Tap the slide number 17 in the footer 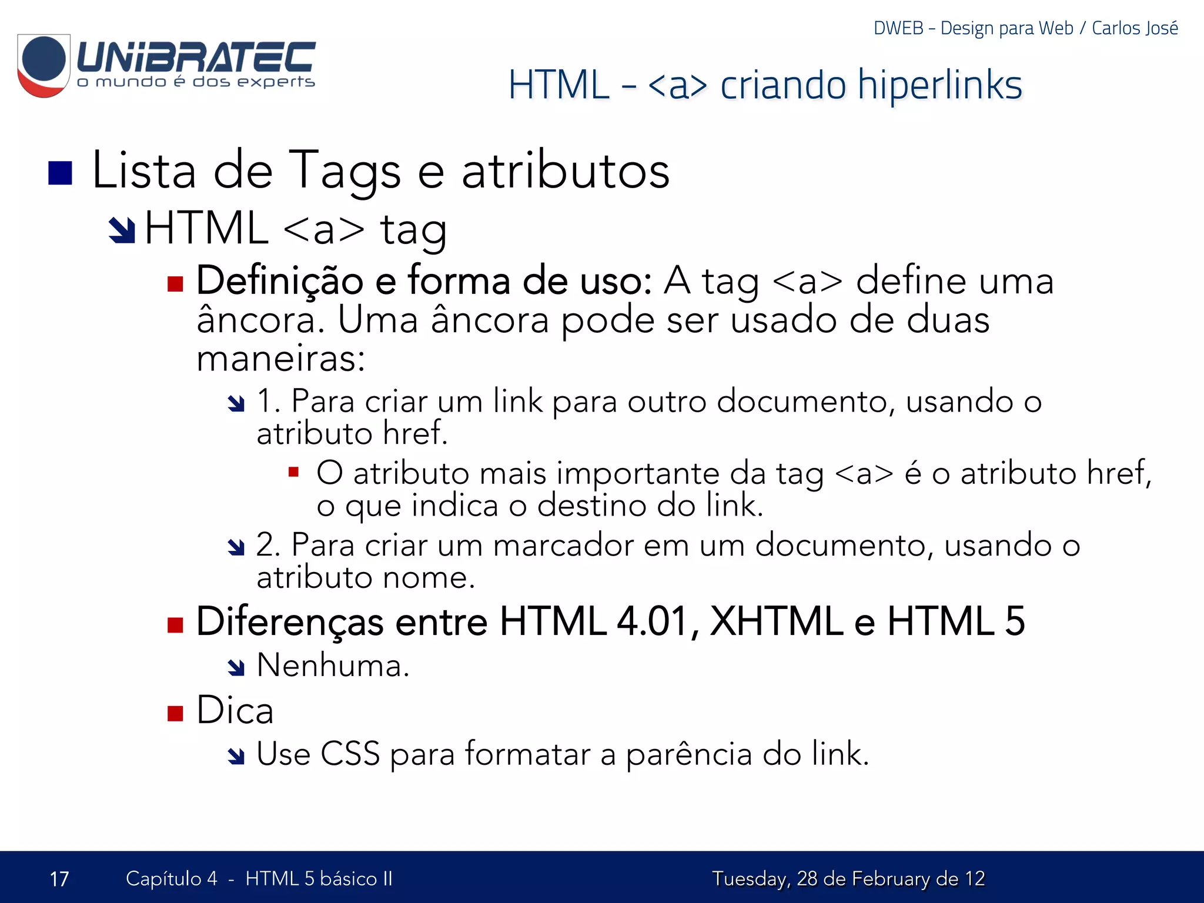tap(59, 879)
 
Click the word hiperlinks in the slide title tap(939, 85)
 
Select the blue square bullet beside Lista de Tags tap(60, 173)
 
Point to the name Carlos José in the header tap(1135, 28)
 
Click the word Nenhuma tap(333, 666)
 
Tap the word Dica tap(235, 711)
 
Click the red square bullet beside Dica tap(175, 713)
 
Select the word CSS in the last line tap(350, 754)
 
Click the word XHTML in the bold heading tap(776, 621)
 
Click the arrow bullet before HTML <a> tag tap(122, 230)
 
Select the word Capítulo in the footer tap(163, 879)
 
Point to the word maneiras tap(280, 359)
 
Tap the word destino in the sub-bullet tap(591, 506)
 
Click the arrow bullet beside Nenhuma tap(236, 667)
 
